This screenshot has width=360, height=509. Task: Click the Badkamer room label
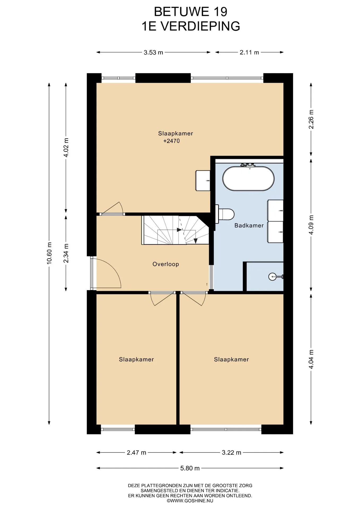point(249,226)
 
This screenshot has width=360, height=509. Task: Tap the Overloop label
point(166,264)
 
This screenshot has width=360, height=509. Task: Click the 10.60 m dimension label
point(49,253)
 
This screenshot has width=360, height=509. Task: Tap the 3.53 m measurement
point(153,52)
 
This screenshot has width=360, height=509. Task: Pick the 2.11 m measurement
point(249,52)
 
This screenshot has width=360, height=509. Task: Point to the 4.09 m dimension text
point(311,225)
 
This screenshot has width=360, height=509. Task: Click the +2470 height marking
point(172,141)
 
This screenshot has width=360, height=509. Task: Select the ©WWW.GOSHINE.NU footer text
point(190,501)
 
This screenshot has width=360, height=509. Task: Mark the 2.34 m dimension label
point(66,253)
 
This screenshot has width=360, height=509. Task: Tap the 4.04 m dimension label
point(311,359)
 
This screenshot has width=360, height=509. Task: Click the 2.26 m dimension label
point(311,119)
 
